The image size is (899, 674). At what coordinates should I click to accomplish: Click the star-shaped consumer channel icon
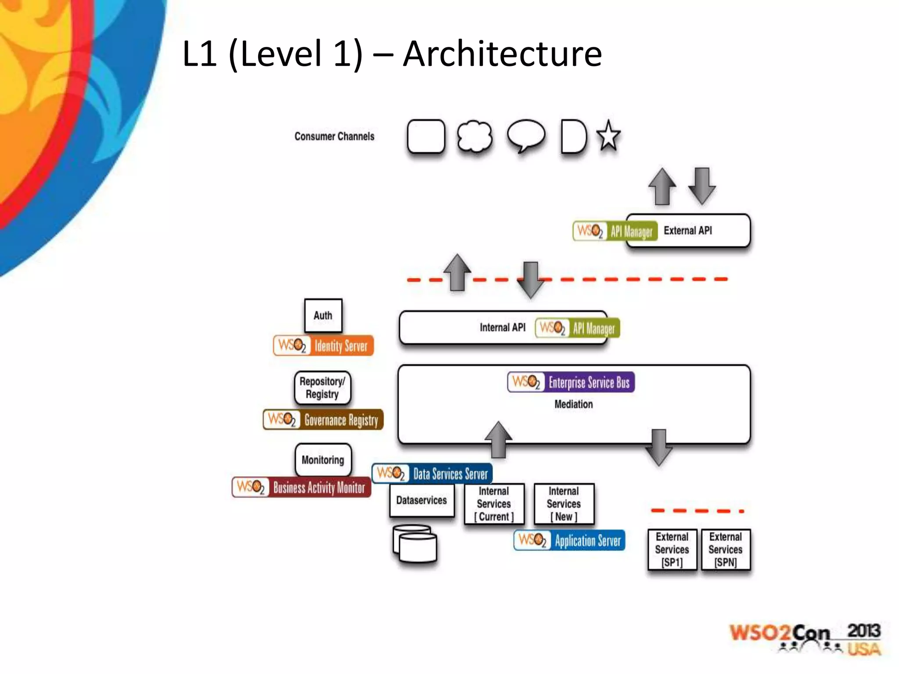[x=608, y=136]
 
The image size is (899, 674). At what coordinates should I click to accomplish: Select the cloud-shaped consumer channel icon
[x=474, y=136]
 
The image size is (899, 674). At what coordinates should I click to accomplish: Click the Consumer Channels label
[x=334, y=136]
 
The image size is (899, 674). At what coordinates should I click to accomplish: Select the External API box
[x=688, y=231]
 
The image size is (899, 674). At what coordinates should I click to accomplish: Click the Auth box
[x=323, y=315]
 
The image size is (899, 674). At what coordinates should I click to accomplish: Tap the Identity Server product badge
[x=324, y=346]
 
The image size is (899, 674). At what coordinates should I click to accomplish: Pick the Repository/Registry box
[x=323, y=388]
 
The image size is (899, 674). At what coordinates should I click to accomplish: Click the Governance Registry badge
[x=324, y=420]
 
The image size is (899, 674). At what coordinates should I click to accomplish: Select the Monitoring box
[x=323, y=460]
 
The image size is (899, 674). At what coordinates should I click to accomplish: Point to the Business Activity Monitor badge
[x=302, y=488]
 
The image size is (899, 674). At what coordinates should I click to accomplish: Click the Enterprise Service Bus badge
[x=571, y=382]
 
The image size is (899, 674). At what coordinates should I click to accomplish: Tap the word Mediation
[x=573, y=404]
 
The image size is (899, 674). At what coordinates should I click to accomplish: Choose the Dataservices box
[x=421, y=500]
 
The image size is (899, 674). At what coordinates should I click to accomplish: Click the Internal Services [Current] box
[x=494, y=504]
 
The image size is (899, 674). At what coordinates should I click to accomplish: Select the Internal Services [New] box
[x=564, y=504]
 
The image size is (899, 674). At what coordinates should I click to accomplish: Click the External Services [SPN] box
[x=725, y=549]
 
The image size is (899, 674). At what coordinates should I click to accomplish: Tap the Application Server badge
[x=569, y=541]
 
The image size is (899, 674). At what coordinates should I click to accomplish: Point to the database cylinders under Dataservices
[x=415, y=544]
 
